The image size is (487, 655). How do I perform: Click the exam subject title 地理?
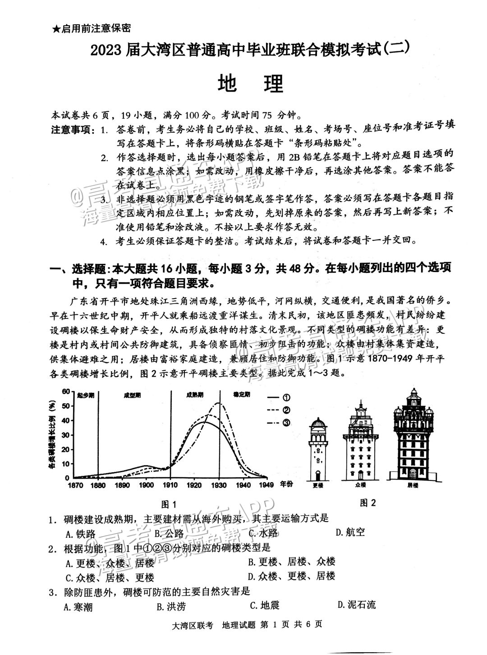point(250,83)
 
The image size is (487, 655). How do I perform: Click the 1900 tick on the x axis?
point(147,485)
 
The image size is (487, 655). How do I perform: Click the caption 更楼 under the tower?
point(318,485)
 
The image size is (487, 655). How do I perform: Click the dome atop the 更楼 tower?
point(318,423)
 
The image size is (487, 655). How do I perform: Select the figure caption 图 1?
point(169,504)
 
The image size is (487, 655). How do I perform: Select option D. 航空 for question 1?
point(350,532)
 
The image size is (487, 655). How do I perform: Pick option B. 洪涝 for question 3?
point(171,606)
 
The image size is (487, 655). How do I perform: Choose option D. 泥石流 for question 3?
point(356,605)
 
